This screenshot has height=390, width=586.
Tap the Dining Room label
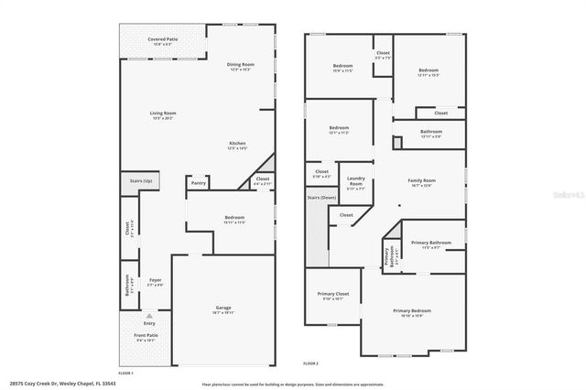click(241, 65)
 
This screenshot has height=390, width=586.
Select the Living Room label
click(163, 114)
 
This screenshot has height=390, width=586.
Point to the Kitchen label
click(237, 144)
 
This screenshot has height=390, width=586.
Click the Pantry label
click(199, 183)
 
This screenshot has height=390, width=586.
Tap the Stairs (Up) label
click(141, 180)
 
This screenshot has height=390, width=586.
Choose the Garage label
click(222, 309)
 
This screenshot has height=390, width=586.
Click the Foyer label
click(155, 281)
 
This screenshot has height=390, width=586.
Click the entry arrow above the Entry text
click(149, 315)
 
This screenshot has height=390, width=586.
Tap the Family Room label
click(422, 181)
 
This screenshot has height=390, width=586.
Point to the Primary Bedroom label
click(412, 311)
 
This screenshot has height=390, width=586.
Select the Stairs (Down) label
click(321, 198)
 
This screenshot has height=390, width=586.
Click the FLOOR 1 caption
click(125, 372)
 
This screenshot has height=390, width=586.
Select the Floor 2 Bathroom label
click(431, 132)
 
